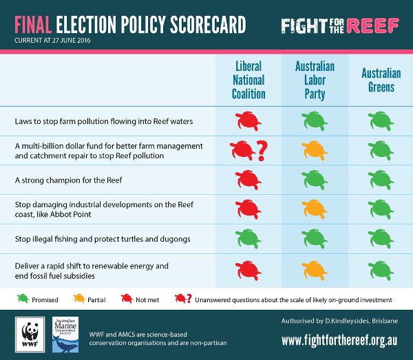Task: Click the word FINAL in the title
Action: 33,25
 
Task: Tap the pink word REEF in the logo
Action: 372,25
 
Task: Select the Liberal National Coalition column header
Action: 248,80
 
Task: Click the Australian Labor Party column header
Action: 315,80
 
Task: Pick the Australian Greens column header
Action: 381,80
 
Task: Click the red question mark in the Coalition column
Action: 262,151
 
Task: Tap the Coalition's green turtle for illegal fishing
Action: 248,239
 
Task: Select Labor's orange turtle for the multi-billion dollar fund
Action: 315,150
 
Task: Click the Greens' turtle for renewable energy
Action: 381,271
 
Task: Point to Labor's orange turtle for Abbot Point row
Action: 315,209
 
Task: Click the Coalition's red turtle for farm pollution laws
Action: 248,121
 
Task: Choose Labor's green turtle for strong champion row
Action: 315,180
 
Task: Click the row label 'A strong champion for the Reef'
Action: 68,180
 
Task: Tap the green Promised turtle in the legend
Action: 23,299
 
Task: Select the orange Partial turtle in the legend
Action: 79,299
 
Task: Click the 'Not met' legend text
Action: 147,300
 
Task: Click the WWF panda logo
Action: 30,335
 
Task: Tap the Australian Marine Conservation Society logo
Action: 65,335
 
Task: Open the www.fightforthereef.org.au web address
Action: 339,341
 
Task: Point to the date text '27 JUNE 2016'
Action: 71,41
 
